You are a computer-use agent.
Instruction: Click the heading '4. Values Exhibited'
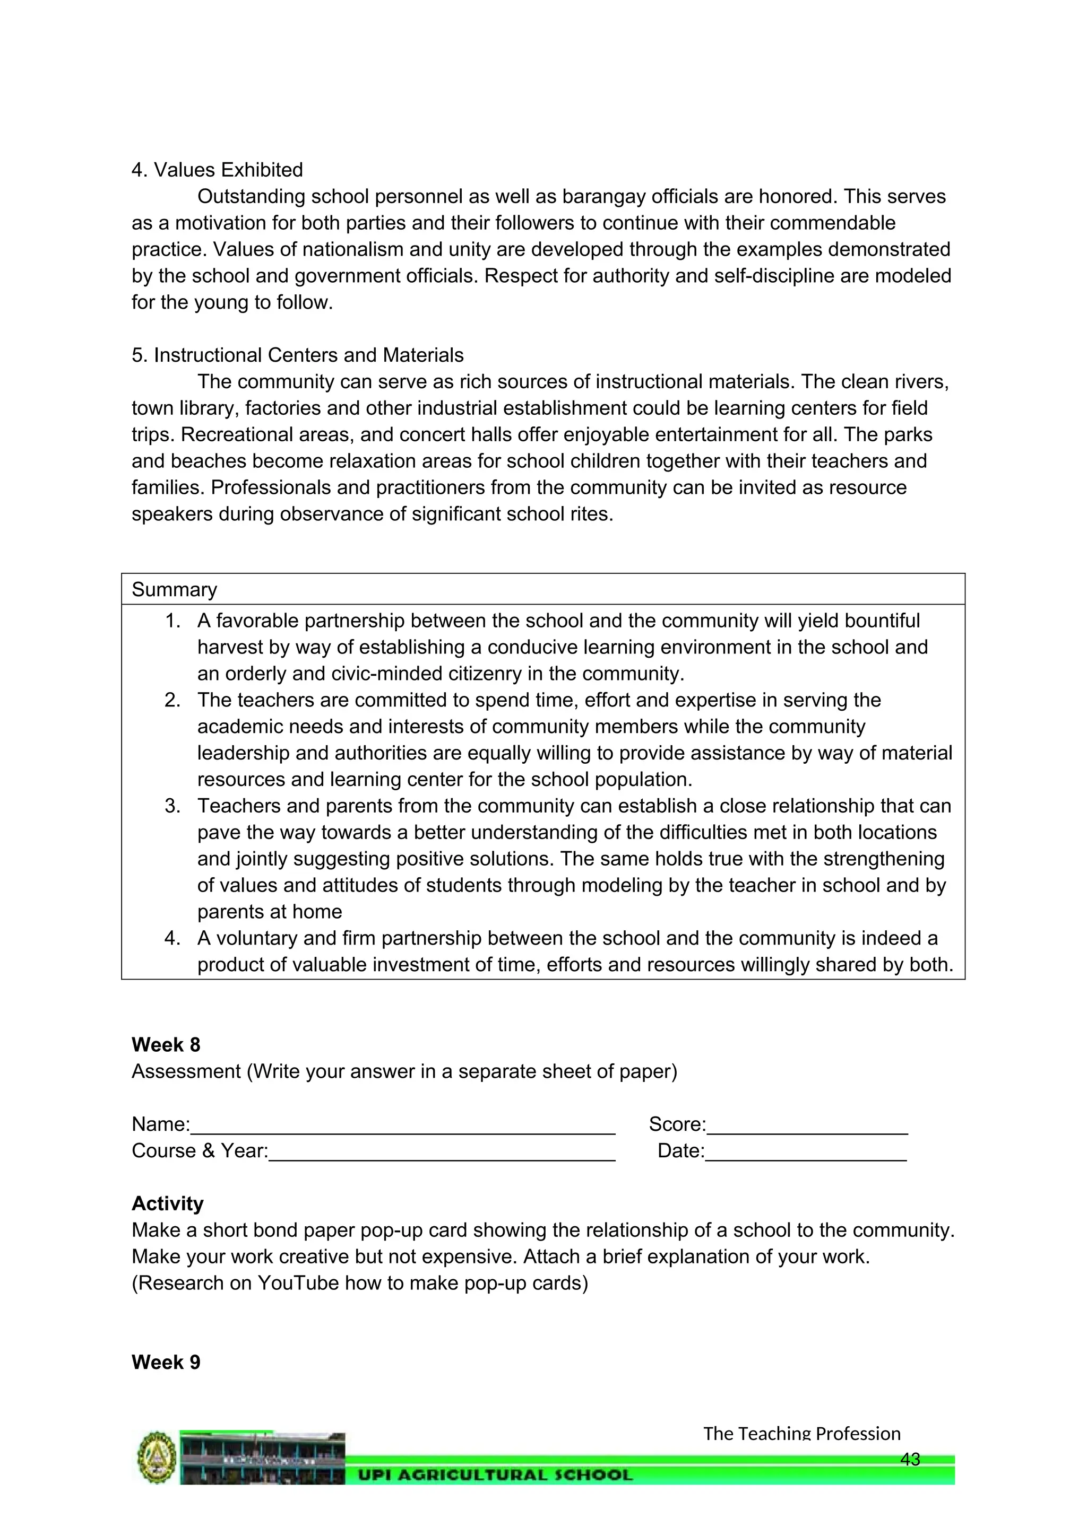pos(217,170)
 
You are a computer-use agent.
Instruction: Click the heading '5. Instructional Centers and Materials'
pos(297,355)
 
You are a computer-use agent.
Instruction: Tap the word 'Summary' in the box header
pos(174,589)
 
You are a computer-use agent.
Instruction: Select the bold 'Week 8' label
pos(165,1045)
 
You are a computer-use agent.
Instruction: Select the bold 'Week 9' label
pos(165,1362)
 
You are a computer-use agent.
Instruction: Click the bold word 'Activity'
pos(167,1203)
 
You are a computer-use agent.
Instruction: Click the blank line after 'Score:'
pos(807,1127)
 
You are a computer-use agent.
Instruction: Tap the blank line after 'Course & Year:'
pos(442,1154)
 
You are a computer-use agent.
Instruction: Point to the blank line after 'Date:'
pos(805,1154)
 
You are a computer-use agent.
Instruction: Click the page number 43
pos(910,1459)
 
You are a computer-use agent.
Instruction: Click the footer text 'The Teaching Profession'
pos(801,1434)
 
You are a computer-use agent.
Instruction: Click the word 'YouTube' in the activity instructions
pos(300,1283)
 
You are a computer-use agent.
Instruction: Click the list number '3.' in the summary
pos(172,806)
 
